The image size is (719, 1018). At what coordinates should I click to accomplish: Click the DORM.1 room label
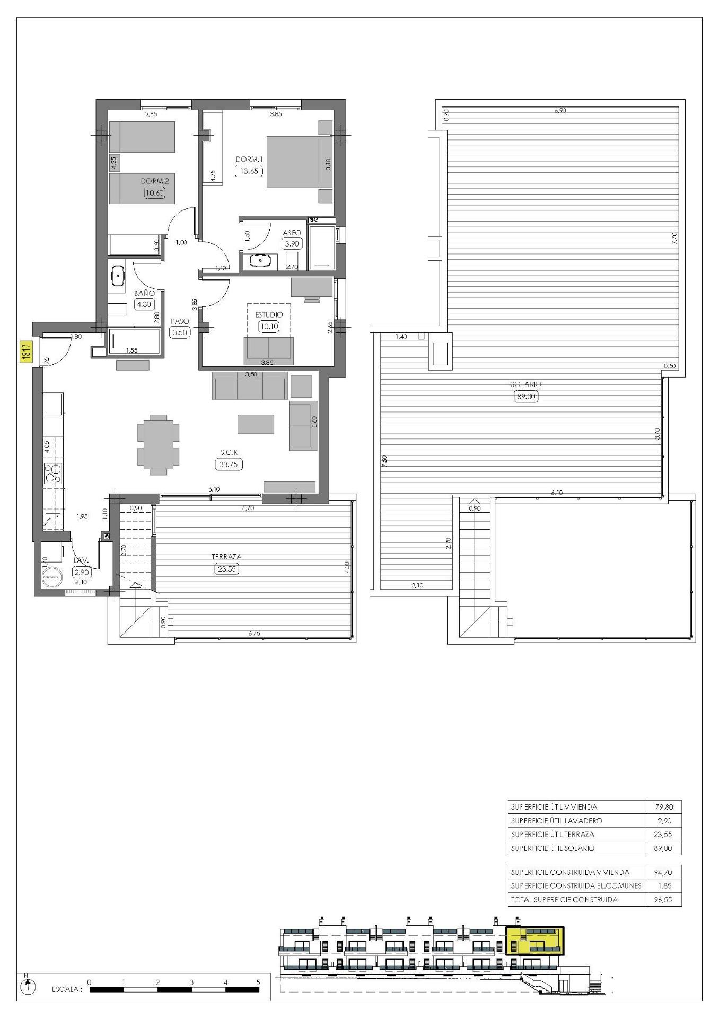click(249, 159)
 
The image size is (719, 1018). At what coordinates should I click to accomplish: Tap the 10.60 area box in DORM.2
click(155, 193)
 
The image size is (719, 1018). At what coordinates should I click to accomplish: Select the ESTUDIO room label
click(269, 314)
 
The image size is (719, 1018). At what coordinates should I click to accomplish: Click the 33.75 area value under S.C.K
click(229, 464)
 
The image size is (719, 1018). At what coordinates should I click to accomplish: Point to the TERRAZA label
click(226, 557)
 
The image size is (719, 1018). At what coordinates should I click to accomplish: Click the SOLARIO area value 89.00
click(526, 396)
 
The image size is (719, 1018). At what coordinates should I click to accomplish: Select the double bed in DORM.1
click(299, 162)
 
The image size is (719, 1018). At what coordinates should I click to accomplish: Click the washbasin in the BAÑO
click(117, 276)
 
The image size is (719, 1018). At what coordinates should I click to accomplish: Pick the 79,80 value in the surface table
click(663, 807)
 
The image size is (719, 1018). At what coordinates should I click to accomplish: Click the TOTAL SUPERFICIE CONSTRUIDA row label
click(564, 899)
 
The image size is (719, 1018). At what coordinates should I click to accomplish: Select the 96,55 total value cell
click(663, 899)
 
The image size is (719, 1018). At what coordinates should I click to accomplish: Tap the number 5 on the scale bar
click(258, 982)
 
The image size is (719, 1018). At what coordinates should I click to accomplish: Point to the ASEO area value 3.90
click(292, 244)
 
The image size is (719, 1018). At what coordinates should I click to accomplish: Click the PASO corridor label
click(179, 321)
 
